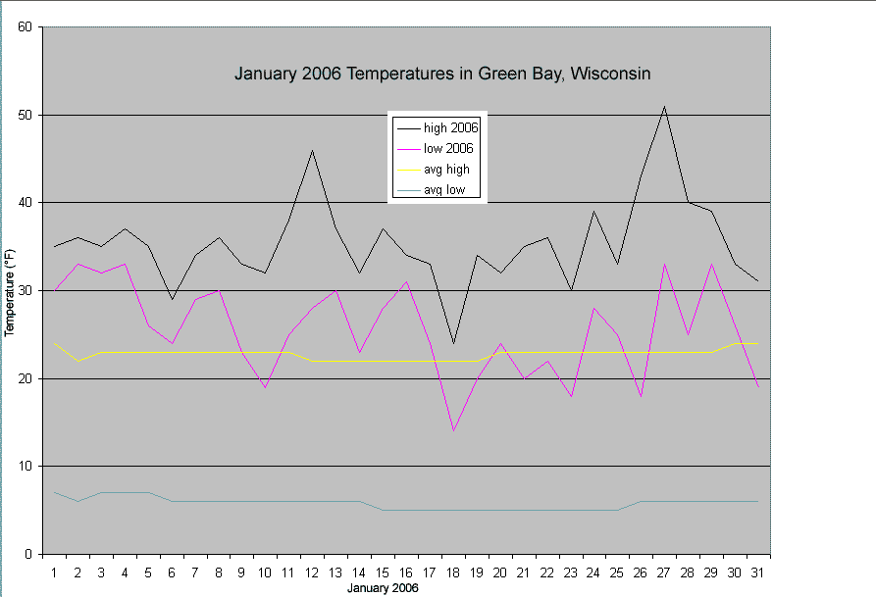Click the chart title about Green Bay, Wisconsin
442,74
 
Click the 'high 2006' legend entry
448,127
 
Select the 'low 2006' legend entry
448,148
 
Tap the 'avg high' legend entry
446,170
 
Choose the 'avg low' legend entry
444,190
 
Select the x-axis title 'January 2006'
383,588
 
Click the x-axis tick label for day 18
453,571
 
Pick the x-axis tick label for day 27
664,571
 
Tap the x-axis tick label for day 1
55,571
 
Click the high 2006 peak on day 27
664,107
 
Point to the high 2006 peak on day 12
312,151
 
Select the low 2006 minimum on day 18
453,431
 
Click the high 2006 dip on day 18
453,343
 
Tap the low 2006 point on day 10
266,387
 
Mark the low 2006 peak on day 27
664,265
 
